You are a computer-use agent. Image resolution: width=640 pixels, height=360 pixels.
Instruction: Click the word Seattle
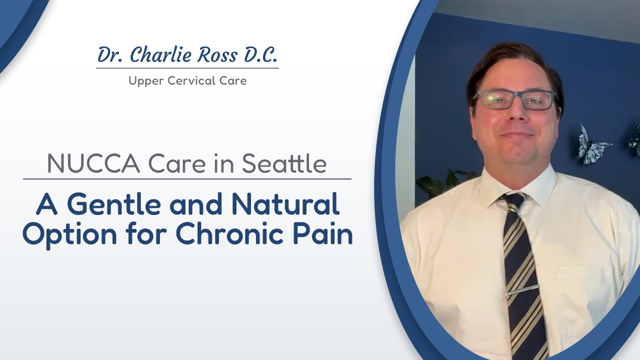pyautogui.click(x=283, y=164)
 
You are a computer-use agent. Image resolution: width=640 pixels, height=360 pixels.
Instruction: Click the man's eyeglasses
pyautogui.click(x=514, y=99)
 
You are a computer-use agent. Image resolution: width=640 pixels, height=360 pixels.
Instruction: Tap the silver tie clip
pyautogui.click(x=523, y=290)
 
